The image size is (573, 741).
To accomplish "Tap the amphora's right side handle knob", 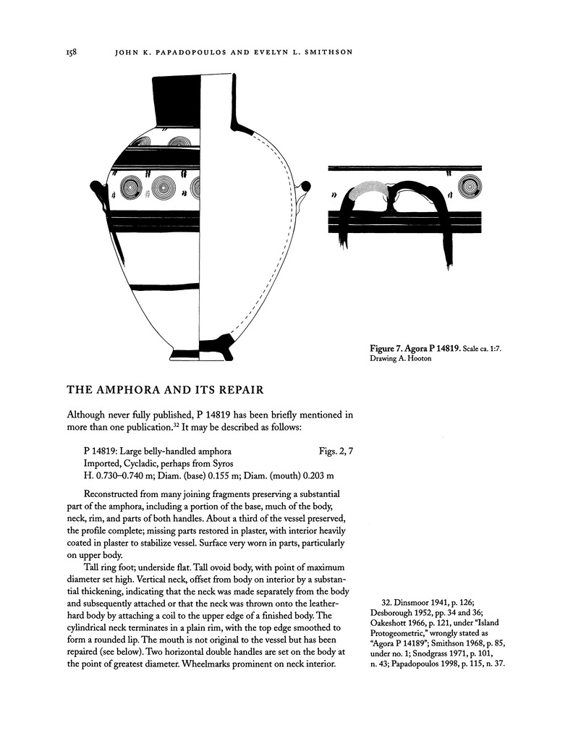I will click(306, 187).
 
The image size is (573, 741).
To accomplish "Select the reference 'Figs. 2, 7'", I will click(335, 451).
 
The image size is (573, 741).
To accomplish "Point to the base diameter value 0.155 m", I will click(231, 476).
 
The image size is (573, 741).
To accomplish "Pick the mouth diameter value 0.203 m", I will click(326, 476).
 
